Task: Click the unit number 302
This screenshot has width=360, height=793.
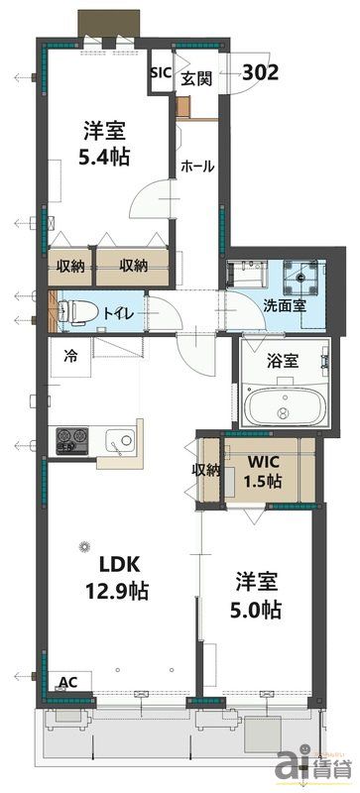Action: pyautogui.click(x=259, y=71)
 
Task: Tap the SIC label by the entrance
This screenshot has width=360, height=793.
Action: pyautogui.click(x=160, y=72)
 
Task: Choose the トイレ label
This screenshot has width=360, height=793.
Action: pyautogui.click(x=125, y=313)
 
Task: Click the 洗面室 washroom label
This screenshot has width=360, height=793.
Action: pyautogui.click(x=284, y=305)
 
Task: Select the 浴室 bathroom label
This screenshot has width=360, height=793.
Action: pyautogui.click(x=282, y=361)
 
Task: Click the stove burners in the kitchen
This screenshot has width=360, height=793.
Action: pyautogui.click(x=71, y=437)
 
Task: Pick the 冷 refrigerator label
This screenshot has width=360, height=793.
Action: pyautogui.click(x=71, y=354)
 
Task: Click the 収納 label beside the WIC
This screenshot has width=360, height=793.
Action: pyautogui.click(x=207, y=470)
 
